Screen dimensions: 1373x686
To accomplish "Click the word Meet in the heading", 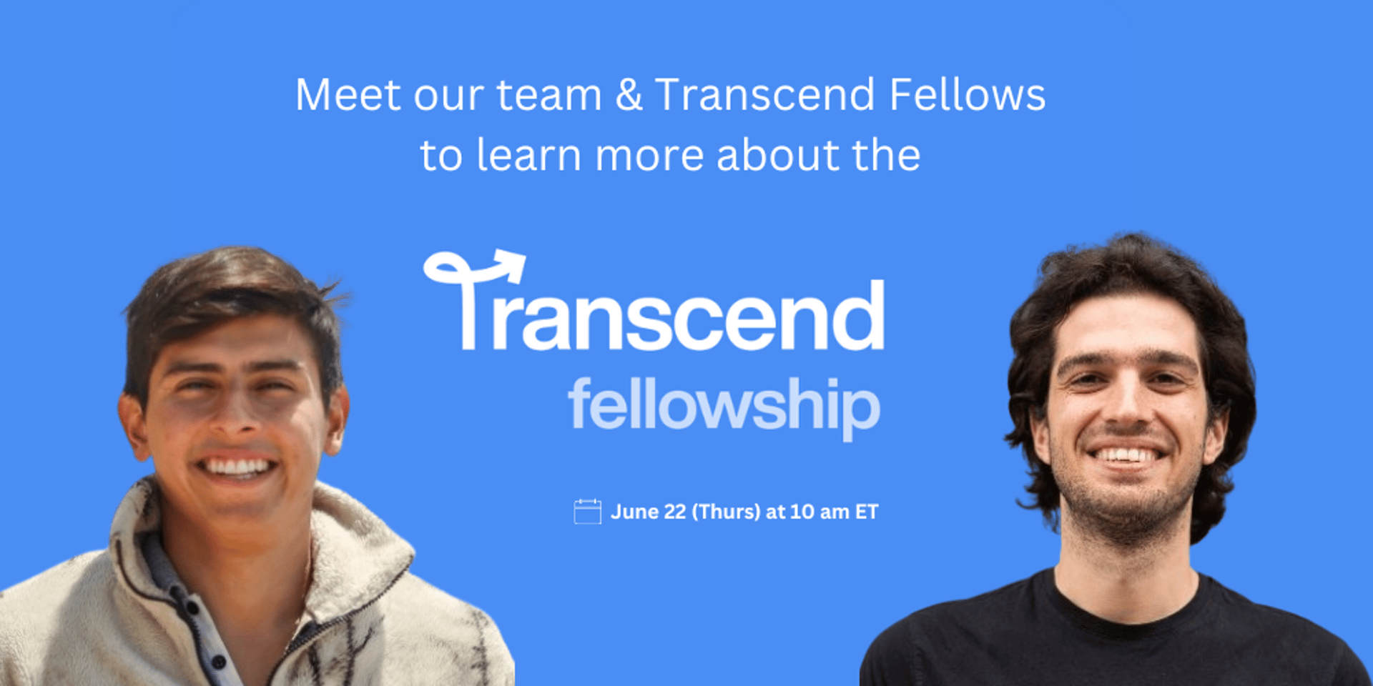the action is [348, 95].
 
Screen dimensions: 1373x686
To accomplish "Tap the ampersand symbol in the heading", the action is [629, 95].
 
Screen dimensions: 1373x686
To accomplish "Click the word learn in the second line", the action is [528, 155].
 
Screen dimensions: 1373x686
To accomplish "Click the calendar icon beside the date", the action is [587, 512].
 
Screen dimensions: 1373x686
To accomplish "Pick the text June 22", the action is [649, 512].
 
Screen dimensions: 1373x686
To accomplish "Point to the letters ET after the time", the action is [867, 512].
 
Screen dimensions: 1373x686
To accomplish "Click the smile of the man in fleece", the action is [237, 468].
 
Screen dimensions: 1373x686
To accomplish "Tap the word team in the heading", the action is [549, 96].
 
